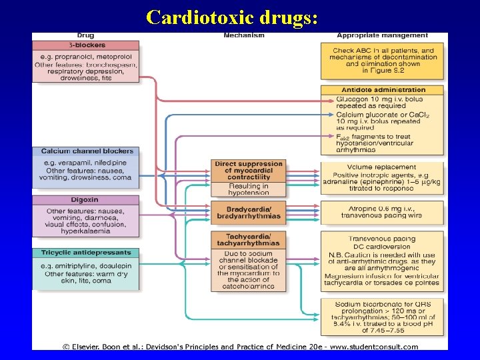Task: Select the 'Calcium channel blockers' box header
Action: coord(87,151)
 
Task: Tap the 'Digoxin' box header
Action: coord(85,199)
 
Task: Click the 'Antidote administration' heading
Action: coord(382,90)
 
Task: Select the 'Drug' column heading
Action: coord(85,35)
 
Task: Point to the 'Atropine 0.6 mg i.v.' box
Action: coord(381,212)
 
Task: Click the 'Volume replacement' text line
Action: coord(381,167)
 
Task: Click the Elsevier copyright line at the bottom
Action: coord(240,346)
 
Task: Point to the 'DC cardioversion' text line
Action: coord(381,246)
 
